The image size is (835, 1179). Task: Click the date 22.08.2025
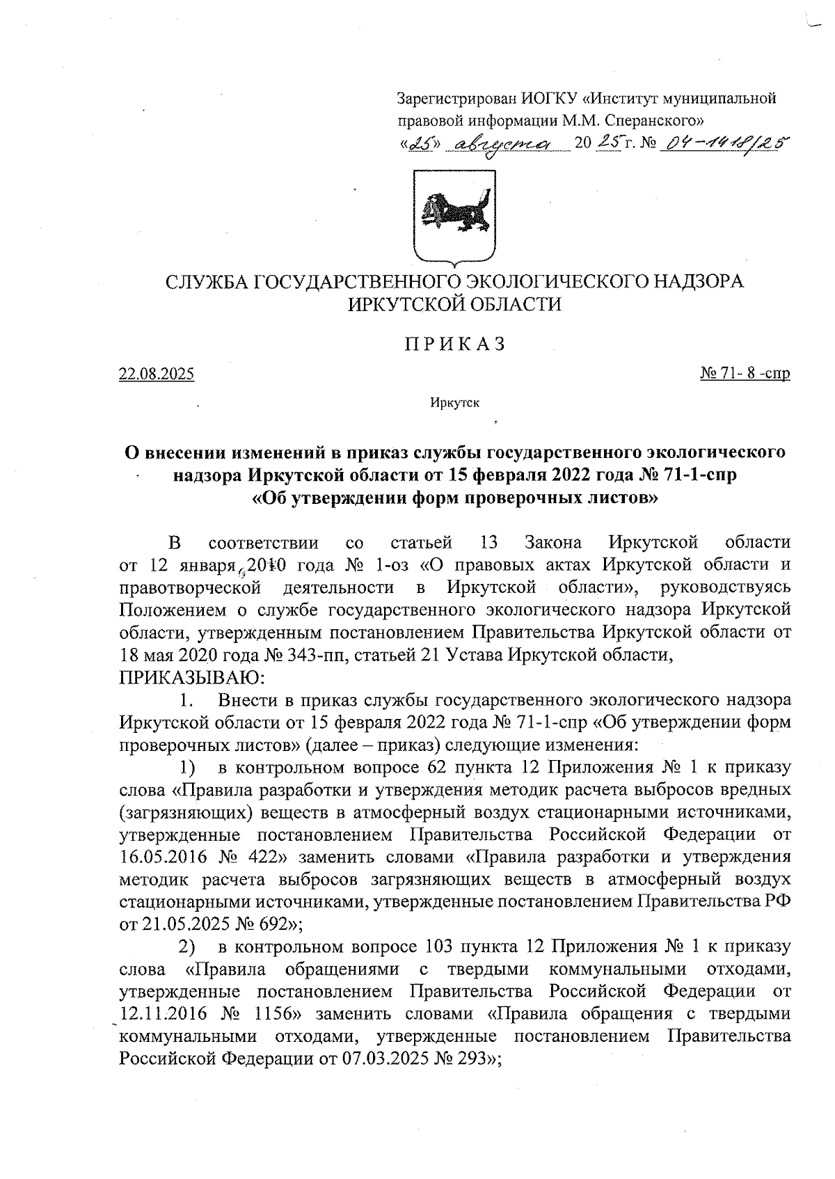click(157, 374)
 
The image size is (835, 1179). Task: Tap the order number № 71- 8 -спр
click(745, 374)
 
